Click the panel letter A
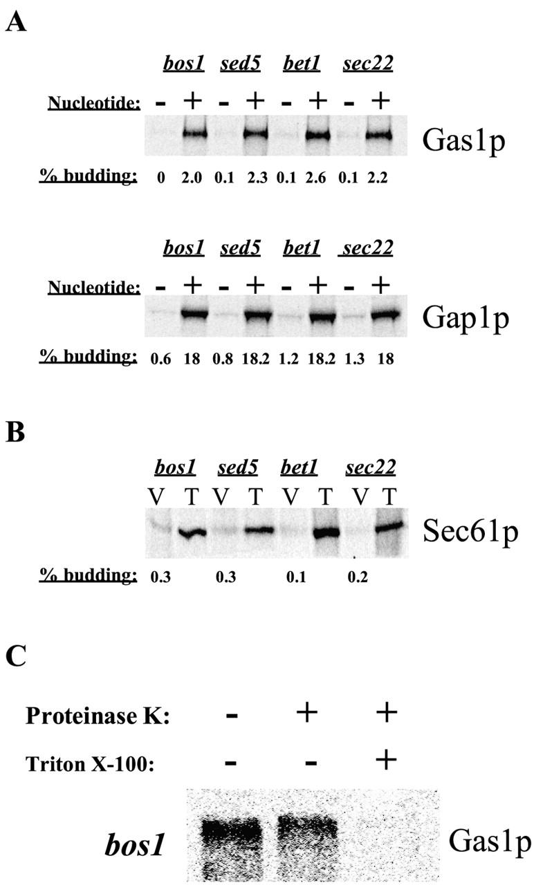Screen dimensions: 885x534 (x=17, y=23)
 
